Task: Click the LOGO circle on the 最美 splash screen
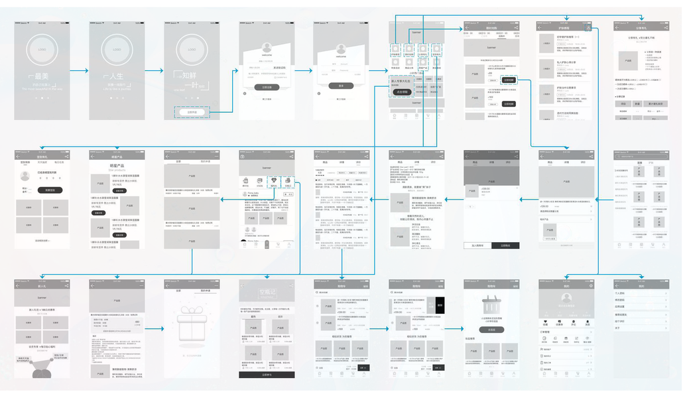[x=42, y=50]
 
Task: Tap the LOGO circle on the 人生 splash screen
[x=117, y=50]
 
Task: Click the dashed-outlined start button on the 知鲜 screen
[x=192, y=112]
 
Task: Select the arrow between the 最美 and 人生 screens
[x=80, y=70]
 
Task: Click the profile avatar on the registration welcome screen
[x=267, y=48]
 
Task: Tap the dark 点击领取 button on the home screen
[x=401, y=92]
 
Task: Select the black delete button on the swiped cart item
[x=440, y=305]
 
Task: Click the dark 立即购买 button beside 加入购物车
[x=505, y=245]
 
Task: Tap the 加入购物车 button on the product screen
[x=477, y=245]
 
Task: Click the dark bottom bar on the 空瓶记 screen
[x=267, y=374]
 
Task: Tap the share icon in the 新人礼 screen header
[x=66, y=286]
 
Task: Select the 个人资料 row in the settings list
[x=621, y=293]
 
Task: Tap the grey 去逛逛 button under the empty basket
[x=491, y=330]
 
